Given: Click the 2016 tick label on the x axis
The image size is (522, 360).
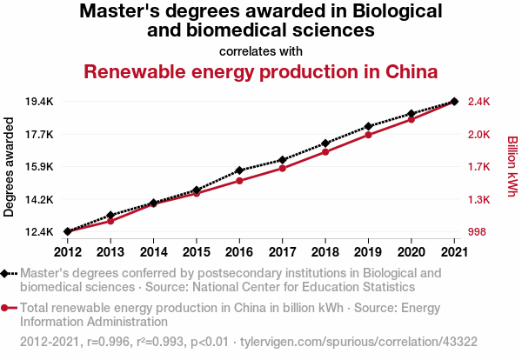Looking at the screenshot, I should pos(239,252).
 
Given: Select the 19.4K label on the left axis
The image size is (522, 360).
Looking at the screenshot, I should pos(40,102).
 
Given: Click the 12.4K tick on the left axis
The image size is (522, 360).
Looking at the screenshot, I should pos(40,232).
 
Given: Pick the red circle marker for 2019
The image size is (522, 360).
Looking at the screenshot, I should pos(369,135).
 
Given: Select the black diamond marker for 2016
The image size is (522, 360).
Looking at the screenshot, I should pos(239,170).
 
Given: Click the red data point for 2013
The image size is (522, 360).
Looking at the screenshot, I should pos(110,221).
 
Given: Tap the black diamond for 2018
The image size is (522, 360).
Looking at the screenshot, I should pos(325,143).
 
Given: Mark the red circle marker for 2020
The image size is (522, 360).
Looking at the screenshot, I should pos(412,119).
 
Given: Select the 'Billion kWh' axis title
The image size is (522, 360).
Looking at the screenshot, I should pos(512,165).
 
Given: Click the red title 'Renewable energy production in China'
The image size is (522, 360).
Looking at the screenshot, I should pos(260,70).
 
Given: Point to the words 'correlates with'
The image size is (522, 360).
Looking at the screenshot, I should pos(260,50).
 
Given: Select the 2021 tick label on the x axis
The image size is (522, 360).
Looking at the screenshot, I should pos(454,252).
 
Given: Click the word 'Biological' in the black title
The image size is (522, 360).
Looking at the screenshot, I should pos(392,12).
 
